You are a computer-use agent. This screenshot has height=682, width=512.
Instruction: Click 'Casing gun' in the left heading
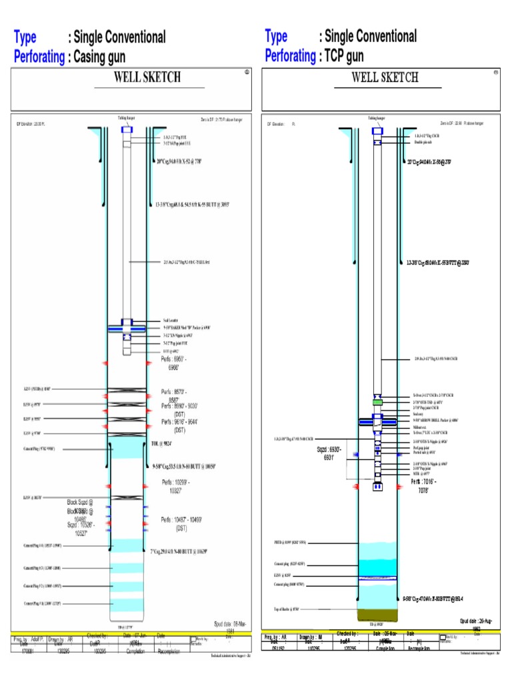(99, 57)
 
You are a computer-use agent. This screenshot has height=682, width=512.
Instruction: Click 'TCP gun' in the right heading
(347, 57)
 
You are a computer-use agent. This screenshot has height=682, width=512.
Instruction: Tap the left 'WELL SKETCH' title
(147, 77)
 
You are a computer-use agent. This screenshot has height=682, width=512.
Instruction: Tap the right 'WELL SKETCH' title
(385, 77)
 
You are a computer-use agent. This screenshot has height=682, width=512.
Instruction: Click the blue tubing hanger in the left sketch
(127, 130)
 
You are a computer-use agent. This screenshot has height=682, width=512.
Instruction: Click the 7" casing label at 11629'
(179, 551)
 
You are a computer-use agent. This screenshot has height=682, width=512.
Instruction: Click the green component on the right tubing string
(377, 402)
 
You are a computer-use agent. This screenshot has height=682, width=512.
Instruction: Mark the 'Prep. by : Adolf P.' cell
(27, 638)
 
